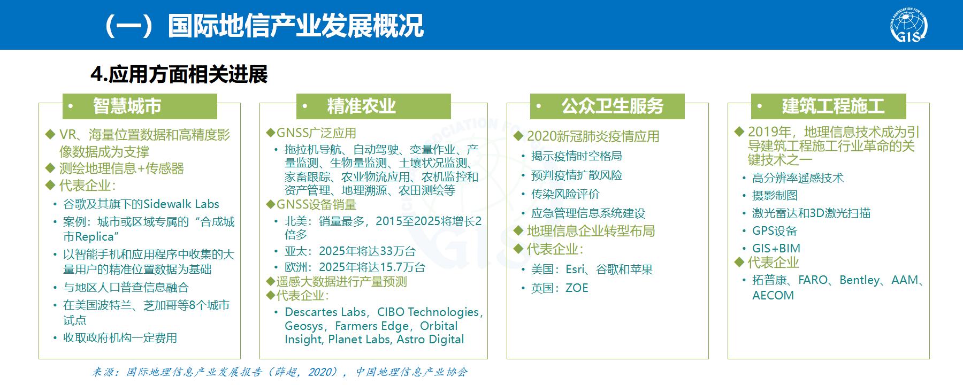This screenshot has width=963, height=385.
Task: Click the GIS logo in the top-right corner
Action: [909, 25]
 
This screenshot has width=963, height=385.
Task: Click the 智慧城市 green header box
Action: [140, 106]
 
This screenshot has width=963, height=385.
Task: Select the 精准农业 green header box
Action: [373, 106]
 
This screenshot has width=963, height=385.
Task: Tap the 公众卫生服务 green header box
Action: [607, 106]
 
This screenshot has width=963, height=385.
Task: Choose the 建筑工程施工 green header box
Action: [828, 106]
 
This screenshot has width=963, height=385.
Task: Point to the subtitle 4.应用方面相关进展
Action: [179, 75]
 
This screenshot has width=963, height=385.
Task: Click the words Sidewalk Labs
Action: [181, 204]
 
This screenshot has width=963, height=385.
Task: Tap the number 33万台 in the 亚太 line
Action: [398, 251]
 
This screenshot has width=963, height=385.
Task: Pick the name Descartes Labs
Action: [325, 312]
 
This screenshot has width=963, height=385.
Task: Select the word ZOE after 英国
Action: [577, 288]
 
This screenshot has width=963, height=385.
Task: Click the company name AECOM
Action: [773, 296]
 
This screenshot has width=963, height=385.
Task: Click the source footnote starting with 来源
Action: [280, 372]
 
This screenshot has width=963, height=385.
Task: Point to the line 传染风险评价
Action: [565, 194]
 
